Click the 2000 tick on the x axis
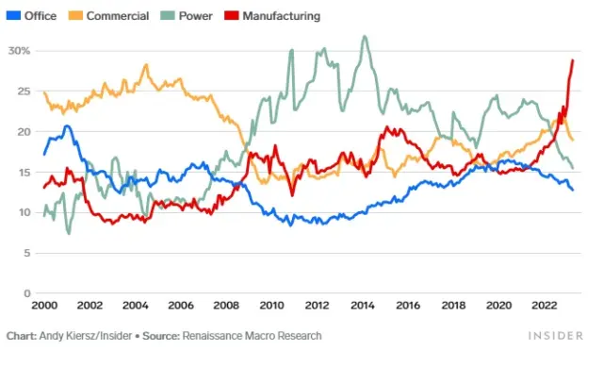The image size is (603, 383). (44, 306)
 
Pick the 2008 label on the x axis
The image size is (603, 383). (226, 306)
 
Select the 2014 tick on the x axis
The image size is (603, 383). (362, 306)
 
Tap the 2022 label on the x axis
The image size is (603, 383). (544, 306)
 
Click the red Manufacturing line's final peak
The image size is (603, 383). (573, 60)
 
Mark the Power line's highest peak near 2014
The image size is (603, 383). (365, 37)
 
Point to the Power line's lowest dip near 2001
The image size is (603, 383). (68, 232)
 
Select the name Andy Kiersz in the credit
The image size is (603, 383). (70, 336)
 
